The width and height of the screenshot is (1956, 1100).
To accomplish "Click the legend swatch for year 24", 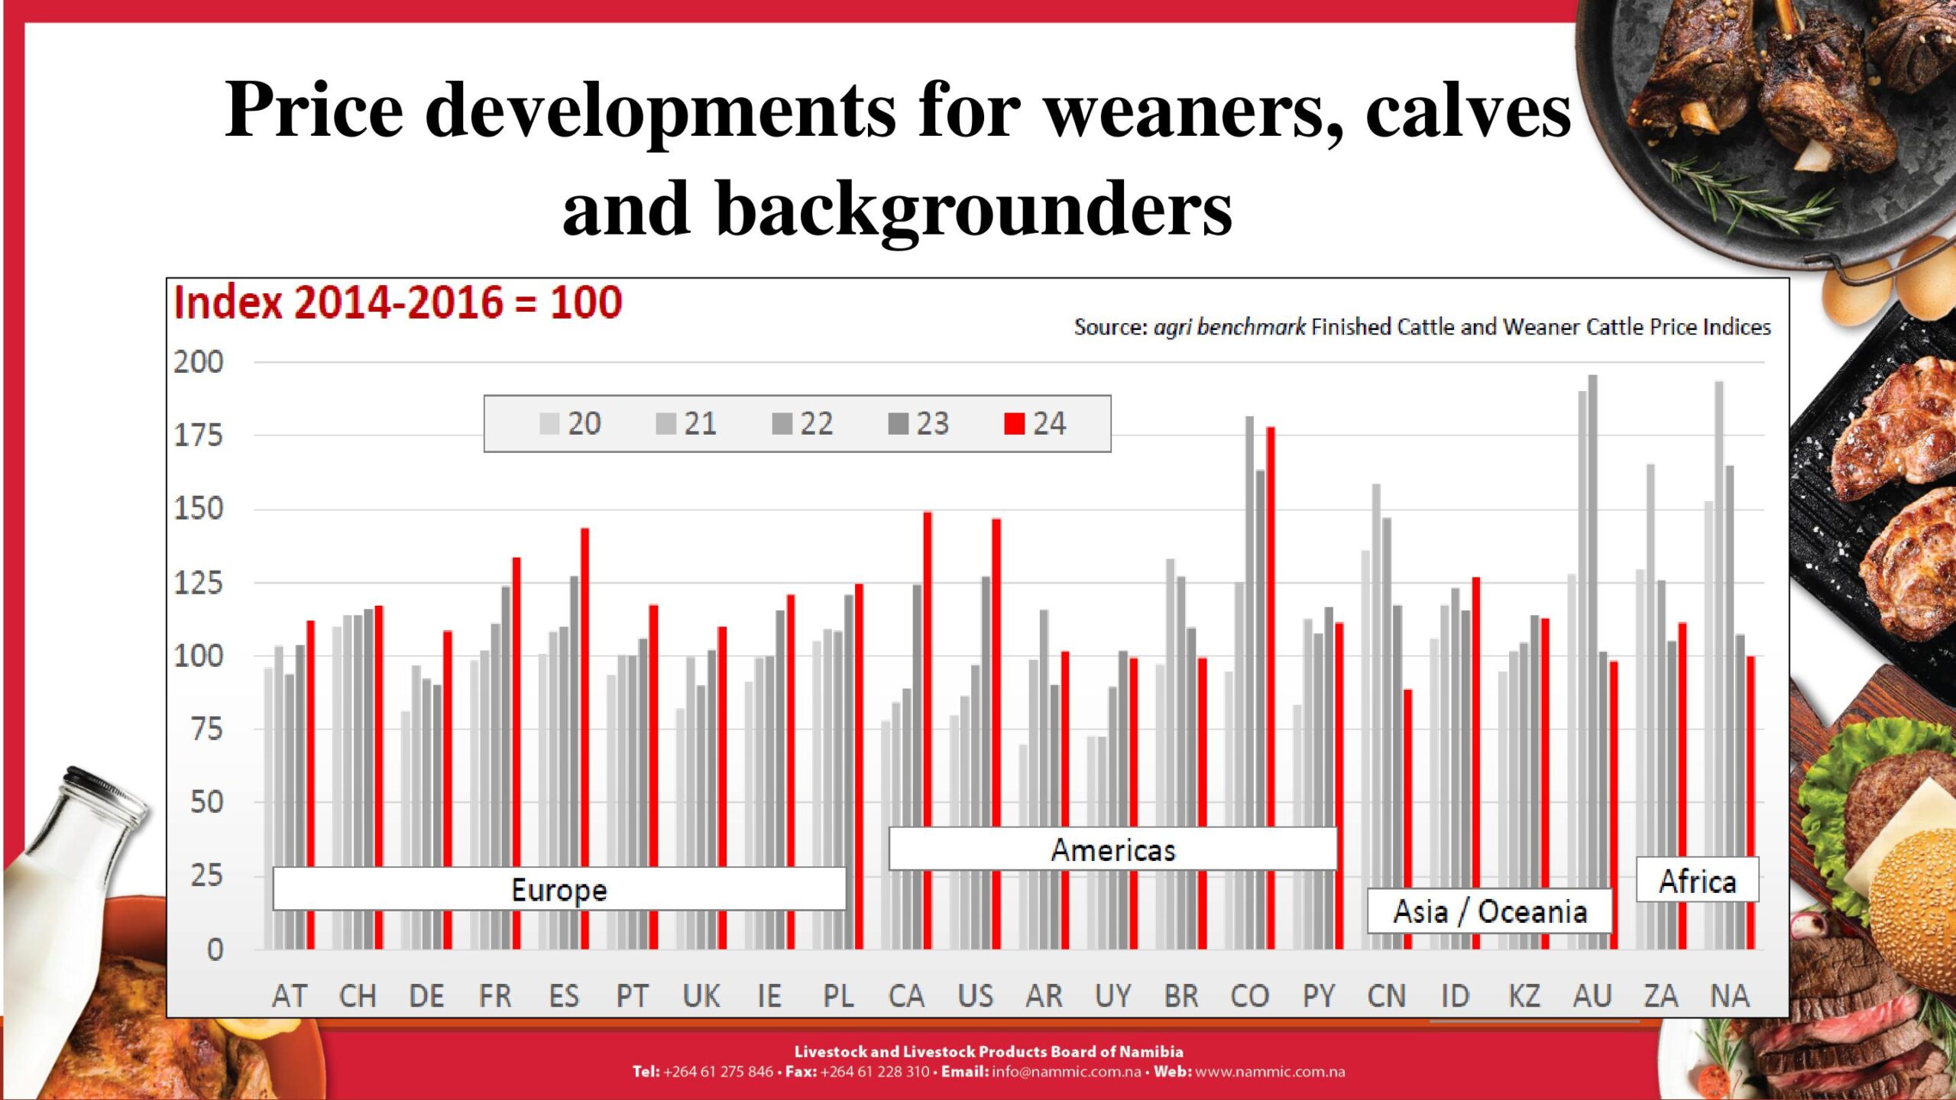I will point(1014,424).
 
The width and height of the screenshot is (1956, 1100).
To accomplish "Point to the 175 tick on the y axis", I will point(199,436).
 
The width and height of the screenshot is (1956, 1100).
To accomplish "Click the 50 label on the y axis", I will point(206,802).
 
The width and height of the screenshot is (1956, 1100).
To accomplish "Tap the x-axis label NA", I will point(1730,996).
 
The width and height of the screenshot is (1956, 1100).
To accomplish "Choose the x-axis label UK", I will point(701,996).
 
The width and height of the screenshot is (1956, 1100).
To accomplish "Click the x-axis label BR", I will point(1181,996).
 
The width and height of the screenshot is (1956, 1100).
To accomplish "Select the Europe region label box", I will point(559,890).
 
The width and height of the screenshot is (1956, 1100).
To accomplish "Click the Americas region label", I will point(1112,850).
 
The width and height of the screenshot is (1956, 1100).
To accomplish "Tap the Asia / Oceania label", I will point(1490,911).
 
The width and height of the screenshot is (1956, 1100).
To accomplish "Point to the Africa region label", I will point(1697,882).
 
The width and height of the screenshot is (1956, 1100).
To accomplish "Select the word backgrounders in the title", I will point(973,209).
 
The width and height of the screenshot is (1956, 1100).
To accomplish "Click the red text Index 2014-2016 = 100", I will point(398,302).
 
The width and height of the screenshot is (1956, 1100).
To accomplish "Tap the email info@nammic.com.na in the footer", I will point(1066,1072).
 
